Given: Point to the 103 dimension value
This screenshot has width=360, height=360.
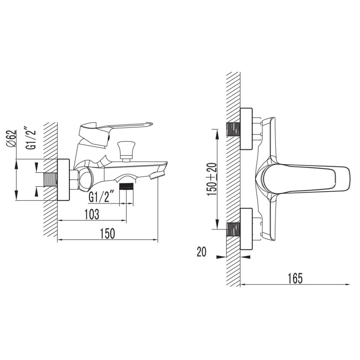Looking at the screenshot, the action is [92, 215].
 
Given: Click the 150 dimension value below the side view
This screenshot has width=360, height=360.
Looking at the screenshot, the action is [107, 234].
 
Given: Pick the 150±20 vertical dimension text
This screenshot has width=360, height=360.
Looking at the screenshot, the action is [211, 179].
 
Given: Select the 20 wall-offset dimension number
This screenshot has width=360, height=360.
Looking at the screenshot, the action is [202, 252].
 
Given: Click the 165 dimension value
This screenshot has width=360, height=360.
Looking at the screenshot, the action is [295, 279].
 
